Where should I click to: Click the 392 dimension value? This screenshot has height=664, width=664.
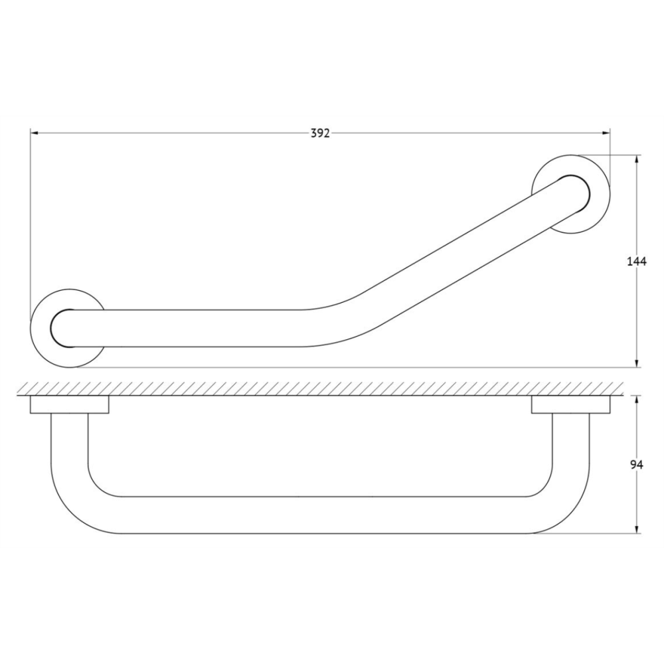click(320, 133)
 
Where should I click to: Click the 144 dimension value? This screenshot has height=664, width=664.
click(637, 262)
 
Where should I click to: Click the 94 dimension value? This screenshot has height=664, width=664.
click(637, 465)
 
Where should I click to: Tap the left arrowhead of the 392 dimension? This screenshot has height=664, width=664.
click(35, 133)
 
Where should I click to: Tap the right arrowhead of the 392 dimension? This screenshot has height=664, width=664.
click(606, 133)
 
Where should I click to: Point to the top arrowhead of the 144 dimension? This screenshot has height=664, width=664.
click(637, 159)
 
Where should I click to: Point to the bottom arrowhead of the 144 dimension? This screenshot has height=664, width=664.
click(637, 363)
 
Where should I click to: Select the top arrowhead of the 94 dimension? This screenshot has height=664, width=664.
click(637, 400)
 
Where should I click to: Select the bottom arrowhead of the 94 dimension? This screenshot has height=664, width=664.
click(637, 529)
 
